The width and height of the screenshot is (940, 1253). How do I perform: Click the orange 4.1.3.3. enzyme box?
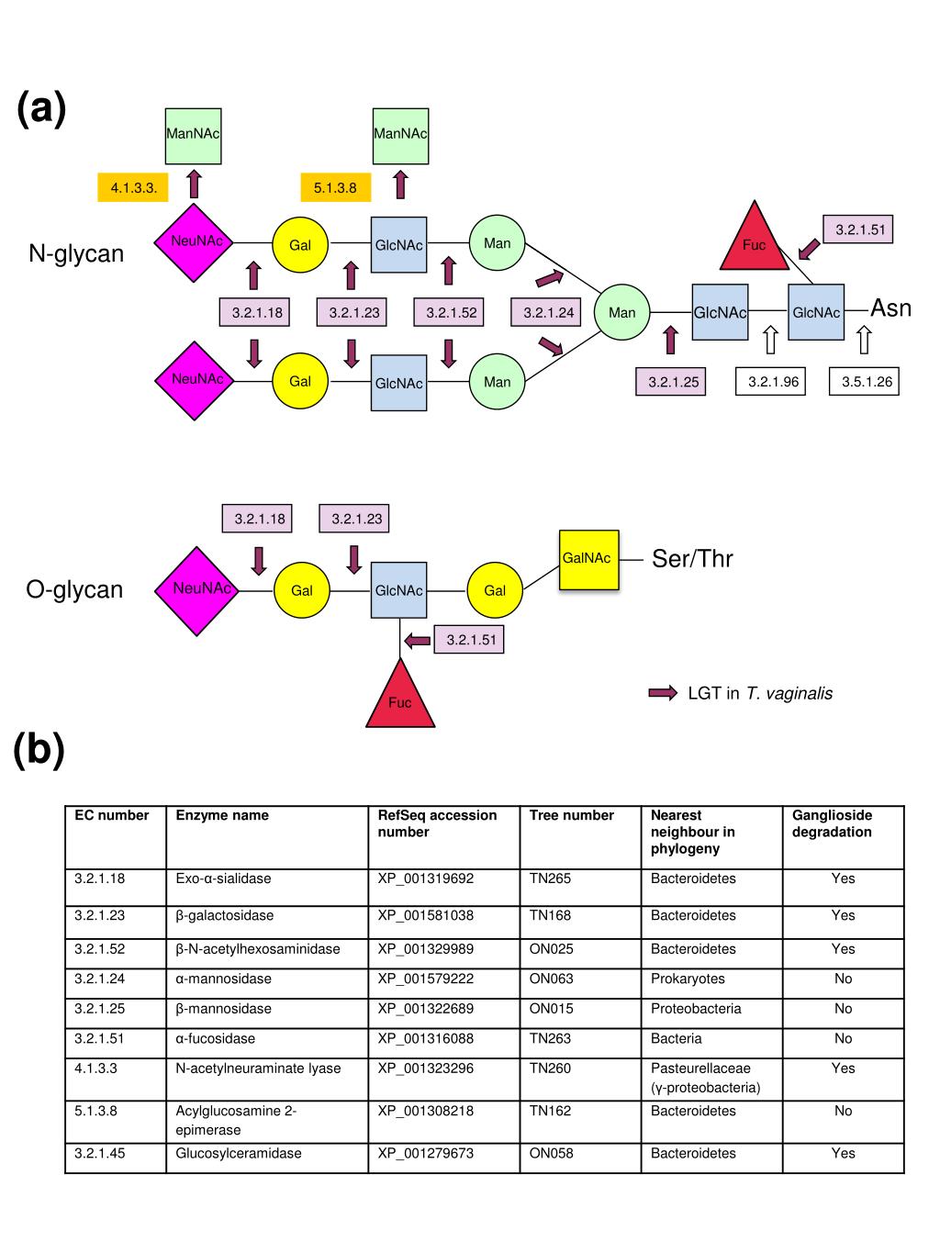(x=133, y=188)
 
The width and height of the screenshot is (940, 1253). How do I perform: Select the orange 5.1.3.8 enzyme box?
(x=335, y=188)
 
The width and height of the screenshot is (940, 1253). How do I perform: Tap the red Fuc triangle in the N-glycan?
(x=754, y=241)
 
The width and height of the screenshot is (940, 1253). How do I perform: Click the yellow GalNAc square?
(x=588, y=559)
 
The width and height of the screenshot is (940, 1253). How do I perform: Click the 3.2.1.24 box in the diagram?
(x=548, y=313)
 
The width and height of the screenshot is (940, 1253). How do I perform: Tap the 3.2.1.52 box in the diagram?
(x=451, y=313)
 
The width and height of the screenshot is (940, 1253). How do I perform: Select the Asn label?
(x=890, y=308)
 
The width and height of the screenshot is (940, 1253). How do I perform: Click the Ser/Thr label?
(x=692, y=559)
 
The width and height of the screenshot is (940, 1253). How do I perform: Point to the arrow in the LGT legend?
(x=663, y=693)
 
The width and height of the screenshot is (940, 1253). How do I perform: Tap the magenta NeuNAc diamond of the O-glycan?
(x=196, y=589)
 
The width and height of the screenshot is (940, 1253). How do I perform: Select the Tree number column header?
(x=572, y=815)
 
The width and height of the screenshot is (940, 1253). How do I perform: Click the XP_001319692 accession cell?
(x=426, y=878)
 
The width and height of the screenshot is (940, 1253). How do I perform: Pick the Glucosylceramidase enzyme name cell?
(x=239, y=1153)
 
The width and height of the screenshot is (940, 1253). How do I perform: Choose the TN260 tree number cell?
(x=550, y=1068)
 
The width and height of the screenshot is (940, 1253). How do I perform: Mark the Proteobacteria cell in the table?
(x=696, y=1009)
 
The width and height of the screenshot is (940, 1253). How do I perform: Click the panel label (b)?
(x=39, y=750)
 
